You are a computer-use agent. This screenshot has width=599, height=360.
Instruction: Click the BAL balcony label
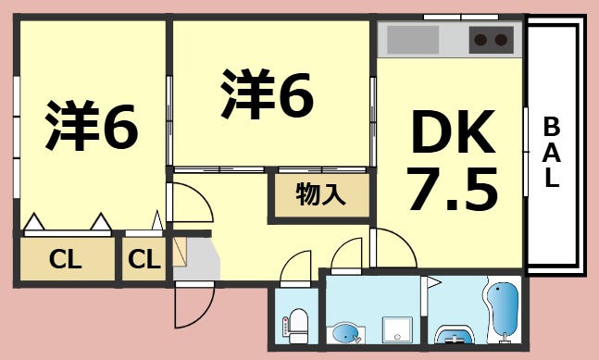click(x=551, y=152)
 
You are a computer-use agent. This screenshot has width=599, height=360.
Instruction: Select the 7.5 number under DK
click(x=453, y=189)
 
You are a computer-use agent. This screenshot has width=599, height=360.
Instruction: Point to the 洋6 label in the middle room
click(x=267, y=95)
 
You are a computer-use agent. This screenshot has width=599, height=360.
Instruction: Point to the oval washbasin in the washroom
click(x=345, y=333)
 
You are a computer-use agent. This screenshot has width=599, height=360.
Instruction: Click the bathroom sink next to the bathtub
click(x=453, y=336)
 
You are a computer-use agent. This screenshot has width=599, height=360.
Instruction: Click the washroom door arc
click(x=350, y=254)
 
